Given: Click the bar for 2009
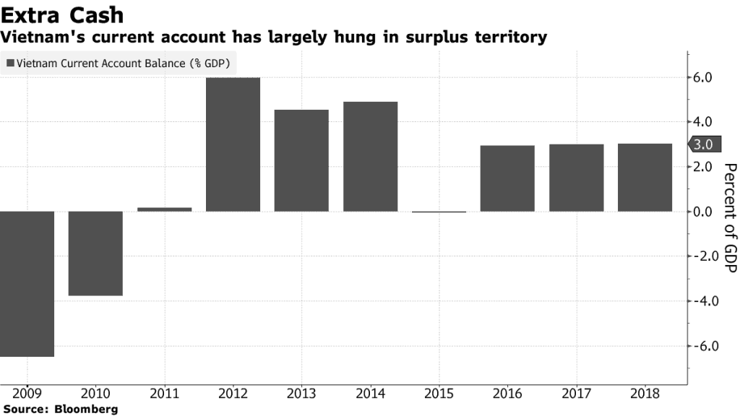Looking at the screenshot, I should tap(27, 283).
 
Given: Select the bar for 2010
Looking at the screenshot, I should tap(95, 253).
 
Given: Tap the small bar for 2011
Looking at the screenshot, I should tap(164, 209).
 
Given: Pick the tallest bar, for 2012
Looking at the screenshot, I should tap(233, 144).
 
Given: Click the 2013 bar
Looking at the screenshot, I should tap(301, 160).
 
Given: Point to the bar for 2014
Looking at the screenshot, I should tap(370, 156).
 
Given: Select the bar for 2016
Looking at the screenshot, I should tap(507, 178).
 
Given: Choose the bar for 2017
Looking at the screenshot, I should tap(576, 178).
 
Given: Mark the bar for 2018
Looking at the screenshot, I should tap(645, 177).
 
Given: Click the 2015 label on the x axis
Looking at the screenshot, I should tap(439, 394).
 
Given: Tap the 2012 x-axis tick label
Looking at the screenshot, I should tap(233, 394).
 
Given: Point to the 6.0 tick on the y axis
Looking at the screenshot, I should tap(704, 77).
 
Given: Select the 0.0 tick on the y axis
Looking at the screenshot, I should tap(704, 212).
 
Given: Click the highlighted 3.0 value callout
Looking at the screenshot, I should tap(703, 144).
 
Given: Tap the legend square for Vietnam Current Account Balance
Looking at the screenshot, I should tap(10, 64).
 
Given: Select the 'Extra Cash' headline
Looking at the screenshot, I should tap(62, 14).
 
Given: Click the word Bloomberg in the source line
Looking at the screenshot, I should tap(86, 409).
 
